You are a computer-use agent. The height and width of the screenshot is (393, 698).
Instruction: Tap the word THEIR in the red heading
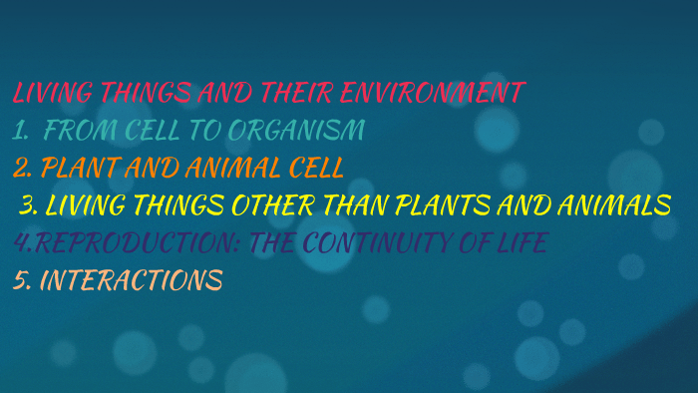point(299,94)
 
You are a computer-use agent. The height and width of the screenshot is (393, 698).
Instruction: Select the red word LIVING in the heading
point(49,94)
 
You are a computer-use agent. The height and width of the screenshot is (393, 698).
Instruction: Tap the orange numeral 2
point(21,168)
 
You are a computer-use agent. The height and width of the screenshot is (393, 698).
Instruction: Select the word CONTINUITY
point(374,242)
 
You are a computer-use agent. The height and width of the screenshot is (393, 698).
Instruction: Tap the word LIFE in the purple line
point(516,242)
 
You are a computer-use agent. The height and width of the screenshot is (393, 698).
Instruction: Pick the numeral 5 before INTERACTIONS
point(20,280)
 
